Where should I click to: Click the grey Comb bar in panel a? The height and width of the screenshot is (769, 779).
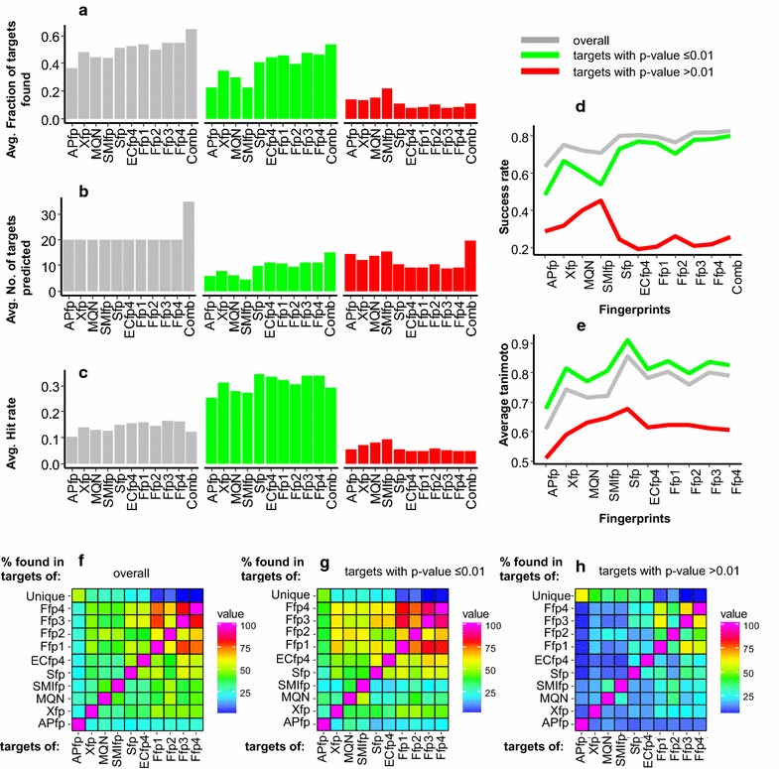point(191,75)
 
